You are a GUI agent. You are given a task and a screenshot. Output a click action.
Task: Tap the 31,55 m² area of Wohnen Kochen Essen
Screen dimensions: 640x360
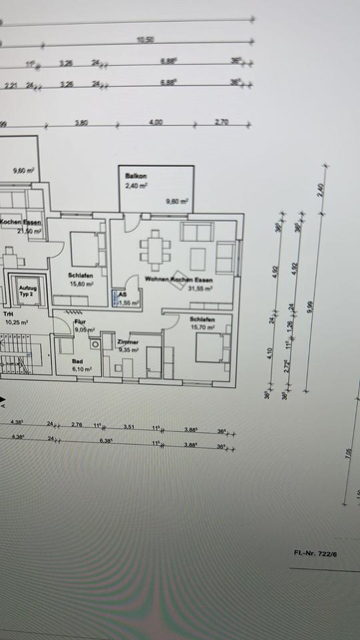coord(199,289)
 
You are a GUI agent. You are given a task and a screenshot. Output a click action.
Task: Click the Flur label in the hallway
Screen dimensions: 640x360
coord(79,321)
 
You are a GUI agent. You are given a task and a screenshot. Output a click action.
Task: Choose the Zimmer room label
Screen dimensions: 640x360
coord(127,341)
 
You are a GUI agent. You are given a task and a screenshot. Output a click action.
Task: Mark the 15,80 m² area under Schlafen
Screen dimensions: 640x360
coord(80,283)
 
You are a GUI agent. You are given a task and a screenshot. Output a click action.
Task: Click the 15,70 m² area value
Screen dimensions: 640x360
coord(202,327)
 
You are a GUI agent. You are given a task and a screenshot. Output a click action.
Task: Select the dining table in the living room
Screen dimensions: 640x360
coord(155,249)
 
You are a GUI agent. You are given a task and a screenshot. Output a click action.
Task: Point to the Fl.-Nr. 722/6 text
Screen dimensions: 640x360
coord(313,553)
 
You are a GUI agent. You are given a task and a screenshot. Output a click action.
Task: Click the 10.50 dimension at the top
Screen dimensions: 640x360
coord(145,40)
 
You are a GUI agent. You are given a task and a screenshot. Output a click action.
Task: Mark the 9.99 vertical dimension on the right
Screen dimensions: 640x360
coord(309,307)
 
